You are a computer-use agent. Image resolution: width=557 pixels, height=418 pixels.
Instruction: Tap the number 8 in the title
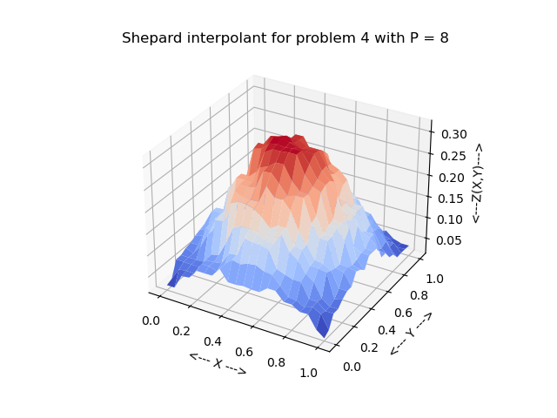(444, 38)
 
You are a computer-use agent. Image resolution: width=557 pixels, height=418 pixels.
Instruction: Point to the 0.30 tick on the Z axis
(452, 134)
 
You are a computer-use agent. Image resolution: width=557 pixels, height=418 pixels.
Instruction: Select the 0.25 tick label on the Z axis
(452, 156)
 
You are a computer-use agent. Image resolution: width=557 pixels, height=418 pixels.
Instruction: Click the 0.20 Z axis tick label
(452, 178)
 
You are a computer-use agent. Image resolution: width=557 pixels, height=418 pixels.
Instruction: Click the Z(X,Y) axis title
(477, 183)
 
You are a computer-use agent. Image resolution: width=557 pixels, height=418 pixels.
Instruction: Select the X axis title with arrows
(218, 363)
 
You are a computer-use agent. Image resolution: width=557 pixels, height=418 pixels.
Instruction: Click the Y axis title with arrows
(411, 334)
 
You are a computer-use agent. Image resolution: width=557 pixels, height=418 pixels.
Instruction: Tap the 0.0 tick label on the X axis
(151, 320)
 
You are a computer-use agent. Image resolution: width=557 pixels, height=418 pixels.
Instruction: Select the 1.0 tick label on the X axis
(309, 373)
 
